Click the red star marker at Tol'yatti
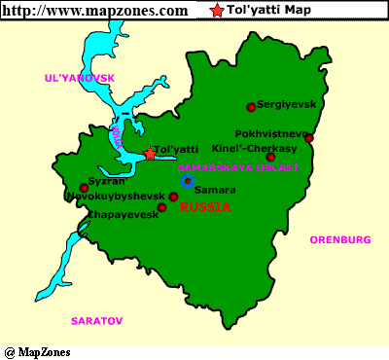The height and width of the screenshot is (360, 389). click(150, 154)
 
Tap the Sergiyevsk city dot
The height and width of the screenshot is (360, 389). click(251, 107)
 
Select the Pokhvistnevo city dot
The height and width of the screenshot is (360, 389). click(308, 138)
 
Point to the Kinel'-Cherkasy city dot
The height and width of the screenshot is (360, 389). click(270, 157)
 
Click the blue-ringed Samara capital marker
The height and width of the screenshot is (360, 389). click(187, 181)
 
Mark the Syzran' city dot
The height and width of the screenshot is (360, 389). click(84, 189)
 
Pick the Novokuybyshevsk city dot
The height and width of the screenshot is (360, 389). click(173, 198)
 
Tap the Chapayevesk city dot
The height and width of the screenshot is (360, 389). click(161, 207)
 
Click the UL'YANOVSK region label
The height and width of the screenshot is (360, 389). click(80, 77)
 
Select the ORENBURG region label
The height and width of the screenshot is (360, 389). click(340, 239)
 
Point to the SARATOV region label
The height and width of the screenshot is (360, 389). click(97, 319)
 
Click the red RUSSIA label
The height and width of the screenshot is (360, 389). click(206, 207)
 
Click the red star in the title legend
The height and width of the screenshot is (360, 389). click(215, 11)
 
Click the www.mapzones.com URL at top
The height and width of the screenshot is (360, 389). click(95, 11)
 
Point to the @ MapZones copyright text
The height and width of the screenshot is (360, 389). click(38, 351)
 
